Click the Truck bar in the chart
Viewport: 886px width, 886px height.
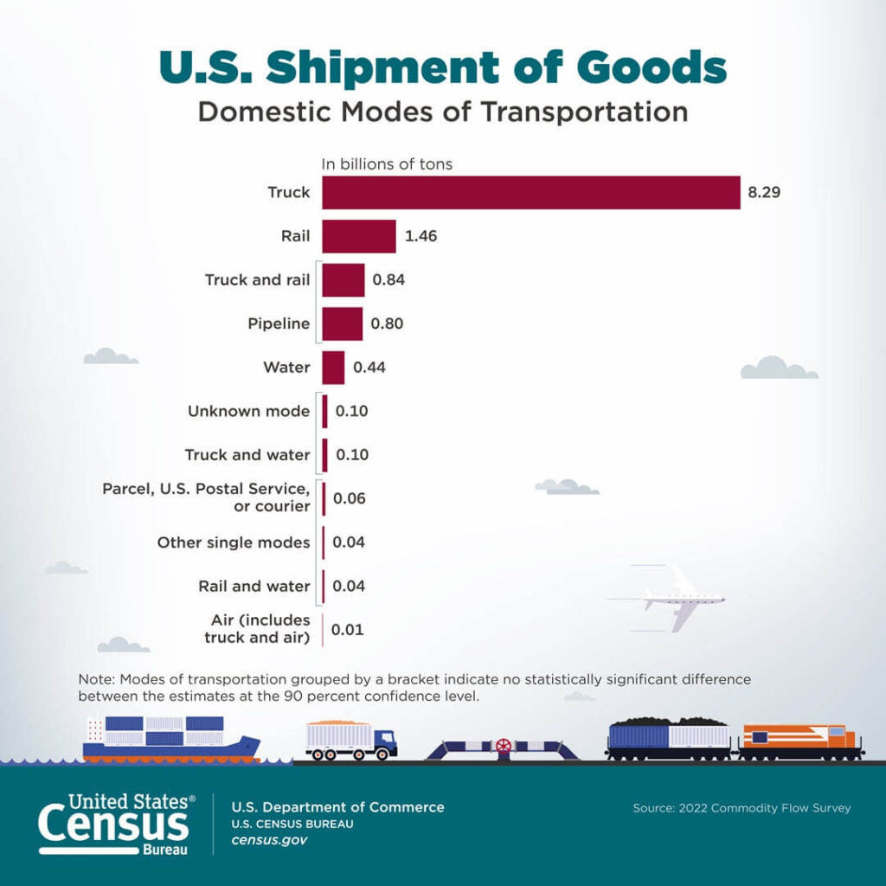click(x=530, y=192)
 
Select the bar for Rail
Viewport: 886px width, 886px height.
click(x=358, y=235)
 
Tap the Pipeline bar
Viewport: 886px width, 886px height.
click(x=342, y=324)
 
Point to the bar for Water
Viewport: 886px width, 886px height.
click(x=333, y=367)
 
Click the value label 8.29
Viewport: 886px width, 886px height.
click(x=764, y=192)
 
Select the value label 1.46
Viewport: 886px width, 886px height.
click(x=420, y=235)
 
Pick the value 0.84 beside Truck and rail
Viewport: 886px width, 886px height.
click(x=388, y=279)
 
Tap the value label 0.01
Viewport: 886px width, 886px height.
click(x=347, y=630)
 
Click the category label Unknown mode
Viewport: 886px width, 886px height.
click(x=248, y=411)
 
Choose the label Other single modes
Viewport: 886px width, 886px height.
click(x=233, y=543)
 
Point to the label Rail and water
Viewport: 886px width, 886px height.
click(x=254, y=586)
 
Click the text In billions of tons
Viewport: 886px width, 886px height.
click(x=387, y=164)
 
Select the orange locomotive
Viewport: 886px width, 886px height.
click(x=800, y=742)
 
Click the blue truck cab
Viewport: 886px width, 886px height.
click(x=385, y=742)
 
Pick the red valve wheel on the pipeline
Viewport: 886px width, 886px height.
click(x=503, y=746)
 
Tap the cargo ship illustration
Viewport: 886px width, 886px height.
click(x=169, y=740)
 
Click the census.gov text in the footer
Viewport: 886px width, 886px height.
click(x=269, y=840)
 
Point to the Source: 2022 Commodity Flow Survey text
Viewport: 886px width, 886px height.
click(x=742, y=808)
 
